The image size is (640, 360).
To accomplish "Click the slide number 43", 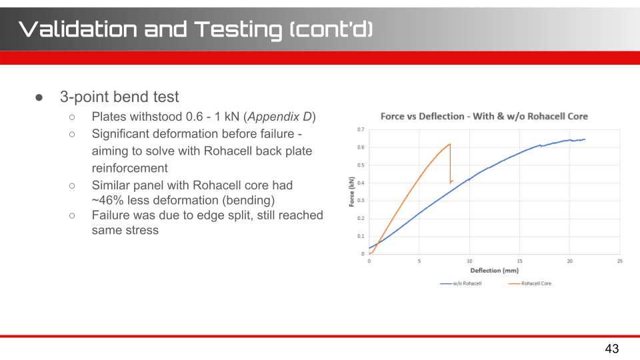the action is (x=612, y=349).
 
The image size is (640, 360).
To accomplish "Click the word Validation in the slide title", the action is (x=78, y=29).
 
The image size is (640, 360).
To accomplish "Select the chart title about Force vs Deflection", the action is (x=484, y=116).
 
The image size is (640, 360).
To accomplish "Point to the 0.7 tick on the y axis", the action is (x=361, y=129).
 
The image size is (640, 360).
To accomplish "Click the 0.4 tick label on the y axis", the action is (x=361, y=183).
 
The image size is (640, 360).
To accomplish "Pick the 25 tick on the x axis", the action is (x=619, y=261).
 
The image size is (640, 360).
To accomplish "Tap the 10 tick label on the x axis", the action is (x=469, y=261).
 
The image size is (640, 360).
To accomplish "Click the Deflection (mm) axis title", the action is (x=494, y=270).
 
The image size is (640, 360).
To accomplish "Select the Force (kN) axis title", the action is (x=351, y=192).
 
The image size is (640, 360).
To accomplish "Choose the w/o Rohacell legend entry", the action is (x=461, y=283).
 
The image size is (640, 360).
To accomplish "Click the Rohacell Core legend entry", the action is (x=530, y=283).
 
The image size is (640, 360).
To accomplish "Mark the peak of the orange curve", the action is (x=450, y=144).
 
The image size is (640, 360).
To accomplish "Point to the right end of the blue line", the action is (x=585, y=139).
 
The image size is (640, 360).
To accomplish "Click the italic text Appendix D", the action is (x=279, y=117).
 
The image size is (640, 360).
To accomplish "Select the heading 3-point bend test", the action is (x=119, y=97).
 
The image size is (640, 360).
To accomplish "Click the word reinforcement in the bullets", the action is (x=130, y=168).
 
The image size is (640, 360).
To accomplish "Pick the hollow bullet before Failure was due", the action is (x=72, y=215).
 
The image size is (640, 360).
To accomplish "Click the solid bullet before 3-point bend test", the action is (x=39, y=97).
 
